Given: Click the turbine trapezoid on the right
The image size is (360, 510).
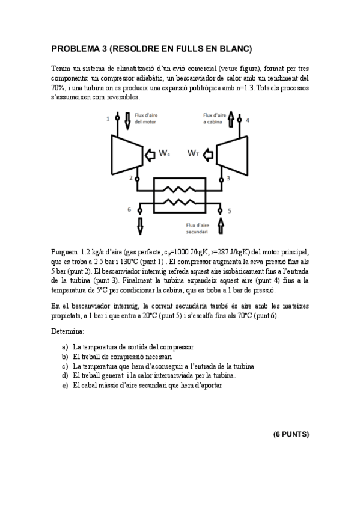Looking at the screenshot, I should point(231,153).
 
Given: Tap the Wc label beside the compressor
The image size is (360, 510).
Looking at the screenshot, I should point(165,154).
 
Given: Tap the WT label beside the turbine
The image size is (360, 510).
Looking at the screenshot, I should point(192,154).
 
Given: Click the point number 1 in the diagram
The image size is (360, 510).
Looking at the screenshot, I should point(108,119).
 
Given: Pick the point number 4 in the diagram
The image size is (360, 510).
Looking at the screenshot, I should point(247,120).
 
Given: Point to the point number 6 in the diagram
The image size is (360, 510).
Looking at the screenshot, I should point(129,209).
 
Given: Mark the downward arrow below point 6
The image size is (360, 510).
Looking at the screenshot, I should point(139,227).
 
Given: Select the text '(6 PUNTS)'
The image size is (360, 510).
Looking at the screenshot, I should point(291,433).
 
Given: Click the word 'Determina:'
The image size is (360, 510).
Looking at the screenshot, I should point(67,331).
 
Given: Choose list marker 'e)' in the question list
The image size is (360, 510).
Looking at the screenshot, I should point(64,386).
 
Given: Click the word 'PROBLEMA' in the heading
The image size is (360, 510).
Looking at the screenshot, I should point(75,48).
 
